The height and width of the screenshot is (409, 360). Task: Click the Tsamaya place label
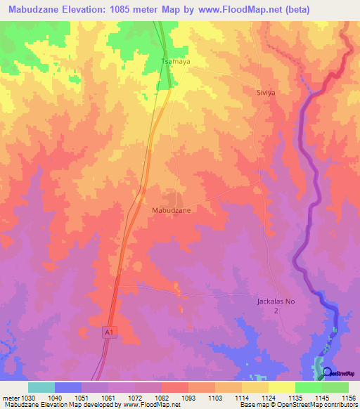pyautogui.click(x=176, y=62)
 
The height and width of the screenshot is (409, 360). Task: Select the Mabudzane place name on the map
pyautogui.click(x=171, y=210)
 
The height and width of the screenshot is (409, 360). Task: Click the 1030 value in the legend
pyautogui.click(x=29, y=398)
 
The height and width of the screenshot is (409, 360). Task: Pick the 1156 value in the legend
pyautogui.click(x=348, y=398)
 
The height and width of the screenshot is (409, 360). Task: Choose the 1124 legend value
pyautogui.click(x=269, y=398)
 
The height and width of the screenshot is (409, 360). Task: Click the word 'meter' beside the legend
pyautogui.click(x=10, y=398)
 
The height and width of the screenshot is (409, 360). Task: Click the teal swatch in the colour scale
pyautogui.click(x=41, y=387)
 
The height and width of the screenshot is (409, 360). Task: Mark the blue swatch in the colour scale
pyautogui.click(x=68, y=387)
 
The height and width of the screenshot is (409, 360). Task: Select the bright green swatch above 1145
pyautogui.click(x=308, y=387)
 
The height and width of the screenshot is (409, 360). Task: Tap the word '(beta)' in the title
pyautogui.click(x=293, y=10)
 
